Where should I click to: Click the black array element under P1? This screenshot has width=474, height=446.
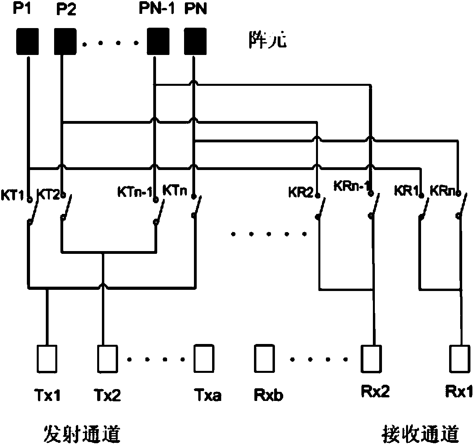tap(27, 42)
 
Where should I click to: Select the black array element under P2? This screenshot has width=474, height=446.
tap(66, 42)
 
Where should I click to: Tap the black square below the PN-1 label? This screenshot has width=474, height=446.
tap(158, 41)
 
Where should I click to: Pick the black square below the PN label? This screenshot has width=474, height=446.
tap(195, 41)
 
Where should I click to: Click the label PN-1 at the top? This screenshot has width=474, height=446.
tap(157, 9)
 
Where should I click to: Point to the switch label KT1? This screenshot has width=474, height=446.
tap(13, 195)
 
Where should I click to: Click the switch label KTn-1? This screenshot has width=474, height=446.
tap(135, 192)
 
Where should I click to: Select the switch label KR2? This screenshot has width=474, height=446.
tap(301, 193)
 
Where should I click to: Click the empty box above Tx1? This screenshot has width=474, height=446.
tap(47, 359)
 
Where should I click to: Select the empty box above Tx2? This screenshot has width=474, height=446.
tap(107, 359)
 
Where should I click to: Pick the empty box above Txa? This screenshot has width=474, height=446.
tap(204, 359)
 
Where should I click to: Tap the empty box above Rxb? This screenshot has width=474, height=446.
tap(264, 359)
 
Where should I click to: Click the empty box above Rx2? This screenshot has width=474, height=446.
tap(371, 359)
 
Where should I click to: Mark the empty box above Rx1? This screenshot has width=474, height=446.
tap(460, 359)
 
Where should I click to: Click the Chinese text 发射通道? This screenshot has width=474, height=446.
tap(82, 434)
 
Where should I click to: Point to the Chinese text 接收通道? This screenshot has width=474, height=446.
tap(420, 434)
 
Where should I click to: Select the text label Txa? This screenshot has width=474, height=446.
tap(208, 395)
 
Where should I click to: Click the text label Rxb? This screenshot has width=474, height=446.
tap(269, 395)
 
